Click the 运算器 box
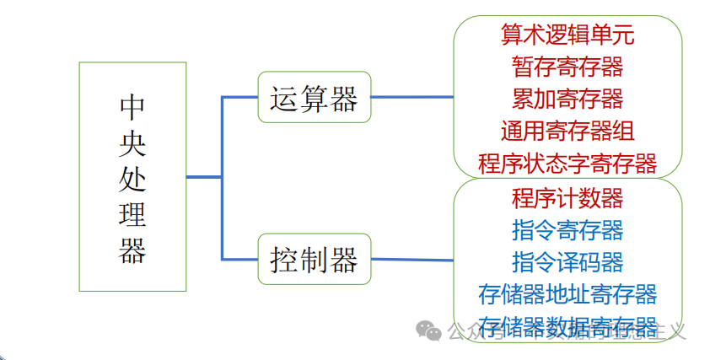[x=314, y=97]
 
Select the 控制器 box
[x=314, y=258]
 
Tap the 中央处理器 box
[x=132, y=176]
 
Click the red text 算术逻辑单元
[x=567, y=35]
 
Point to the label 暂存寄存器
[x=567, y=67]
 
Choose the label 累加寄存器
[x=567, y=99]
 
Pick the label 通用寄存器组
[x=567, y=131]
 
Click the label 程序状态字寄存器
[x=567, y=162]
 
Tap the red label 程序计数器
[x=567, y=198]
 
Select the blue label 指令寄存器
[x=567, y=229]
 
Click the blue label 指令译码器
[x=567, y=261]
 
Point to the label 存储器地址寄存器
[x=567, y=293]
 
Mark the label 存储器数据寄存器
[x=567, y=325]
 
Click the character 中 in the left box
[x=132, y=107]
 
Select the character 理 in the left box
[x=132, y=215]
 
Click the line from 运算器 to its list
[x=411, y=97]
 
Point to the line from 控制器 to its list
[x=411, y=259]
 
